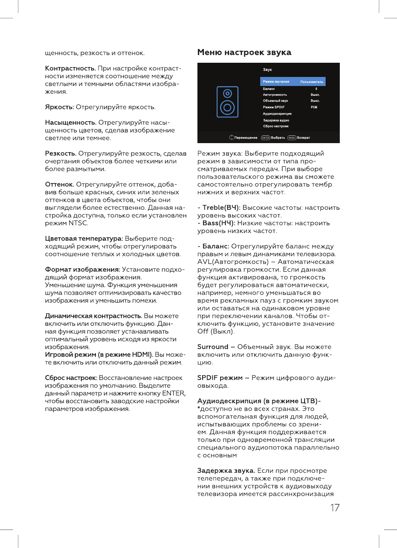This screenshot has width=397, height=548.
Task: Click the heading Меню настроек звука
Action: (244, 53)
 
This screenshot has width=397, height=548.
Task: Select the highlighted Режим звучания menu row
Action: (292, 82)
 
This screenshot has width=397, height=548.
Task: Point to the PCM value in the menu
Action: (314, 107)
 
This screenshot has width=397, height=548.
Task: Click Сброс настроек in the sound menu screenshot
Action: (276, 126)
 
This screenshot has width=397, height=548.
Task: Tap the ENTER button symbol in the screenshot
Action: (265, 138)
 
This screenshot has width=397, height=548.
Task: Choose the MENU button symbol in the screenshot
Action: (292, 138)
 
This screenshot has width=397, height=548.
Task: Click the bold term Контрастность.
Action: (71, 69)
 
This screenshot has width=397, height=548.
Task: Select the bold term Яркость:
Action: (60, 107)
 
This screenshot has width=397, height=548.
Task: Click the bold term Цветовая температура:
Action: (84, 239)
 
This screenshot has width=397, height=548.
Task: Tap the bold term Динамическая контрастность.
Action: (94, 316)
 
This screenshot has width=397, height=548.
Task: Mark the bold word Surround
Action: (212, 347)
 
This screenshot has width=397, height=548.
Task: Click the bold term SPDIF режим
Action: (220, 378)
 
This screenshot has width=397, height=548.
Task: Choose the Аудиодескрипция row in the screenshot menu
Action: (277, 113)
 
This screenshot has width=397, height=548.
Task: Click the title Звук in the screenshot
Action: (267, 70)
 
